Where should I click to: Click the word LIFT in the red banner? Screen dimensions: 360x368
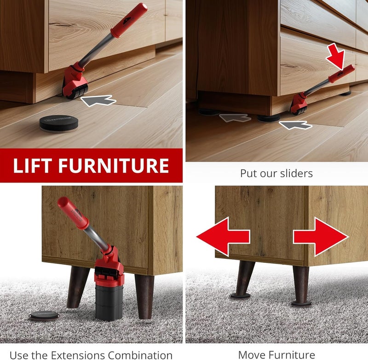click(35, 165)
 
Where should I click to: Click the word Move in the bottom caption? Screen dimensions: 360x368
click(252, 355)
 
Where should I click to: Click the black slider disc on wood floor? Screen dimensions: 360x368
click(57, 123)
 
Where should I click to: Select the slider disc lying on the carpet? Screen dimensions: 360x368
click(44, 315)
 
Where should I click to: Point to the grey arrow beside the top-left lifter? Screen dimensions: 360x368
click(98, 100)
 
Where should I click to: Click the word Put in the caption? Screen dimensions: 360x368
click(249, 174)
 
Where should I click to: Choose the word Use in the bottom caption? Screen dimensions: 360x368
click(19, 355)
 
